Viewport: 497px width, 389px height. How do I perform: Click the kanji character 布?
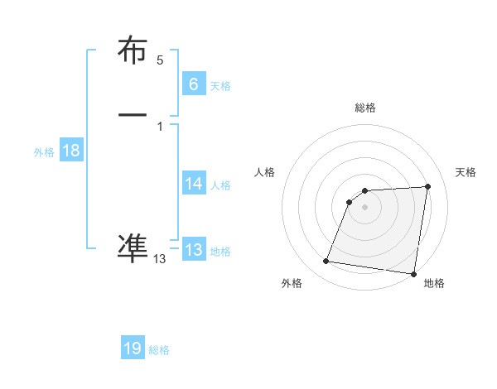[x=133, y=51]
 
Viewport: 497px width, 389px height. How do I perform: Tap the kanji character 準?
[x=133, y=247]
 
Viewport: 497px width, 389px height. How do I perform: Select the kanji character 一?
[x=133, y=113]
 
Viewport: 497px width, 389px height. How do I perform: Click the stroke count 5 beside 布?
[x=160, y=60]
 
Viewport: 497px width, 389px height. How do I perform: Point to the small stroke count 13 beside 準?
[x=160, y=259]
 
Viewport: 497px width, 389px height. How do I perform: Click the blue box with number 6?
[x=194, y=84]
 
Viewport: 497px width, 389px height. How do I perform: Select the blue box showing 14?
[x=194, y=183]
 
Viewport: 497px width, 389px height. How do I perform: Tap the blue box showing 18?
[x=71, y=151]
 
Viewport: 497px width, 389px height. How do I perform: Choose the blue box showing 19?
[x=133, y=348]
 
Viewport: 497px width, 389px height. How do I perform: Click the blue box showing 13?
[x=194, y=249]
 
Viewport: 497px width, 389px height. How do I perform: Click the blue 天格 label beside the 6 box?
[x=220, y=86]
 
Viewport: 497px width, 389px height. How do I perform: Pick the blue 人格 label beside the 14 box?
[x=220, y=185]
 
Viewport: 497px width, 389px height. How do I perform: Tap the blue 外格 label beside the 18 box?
[x=44, y=152]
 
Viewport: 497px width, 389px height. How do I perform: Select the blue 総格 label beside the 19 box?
[x=159, y=351]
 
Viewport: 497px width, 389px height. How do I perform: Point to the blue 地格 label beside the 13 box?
[x=220, y=252]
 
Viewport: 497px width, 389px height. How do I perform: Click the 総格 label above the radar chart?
[x=365, y=108]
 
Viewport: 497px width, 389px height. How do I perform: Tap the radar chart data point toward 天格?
[x=427, y=187]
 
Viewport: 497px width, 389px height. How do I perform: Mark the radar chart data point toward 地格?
[x=413, y=274]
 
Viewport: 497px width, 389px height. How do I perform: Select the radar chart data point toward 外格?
[x=326, y=262]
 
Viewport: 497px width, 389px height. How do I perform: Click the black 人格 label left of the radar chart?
[x=265, y=172]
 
